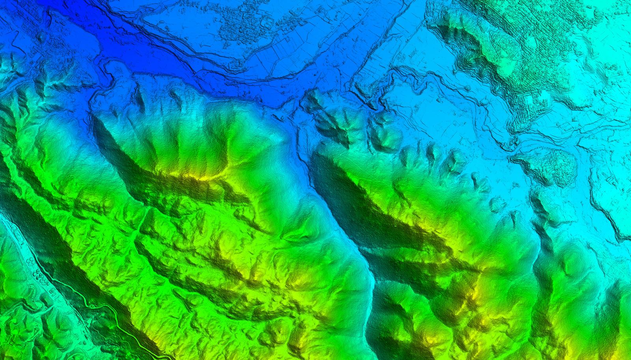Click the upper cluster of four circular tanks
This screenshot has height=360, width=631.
(x=30, y=261)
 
